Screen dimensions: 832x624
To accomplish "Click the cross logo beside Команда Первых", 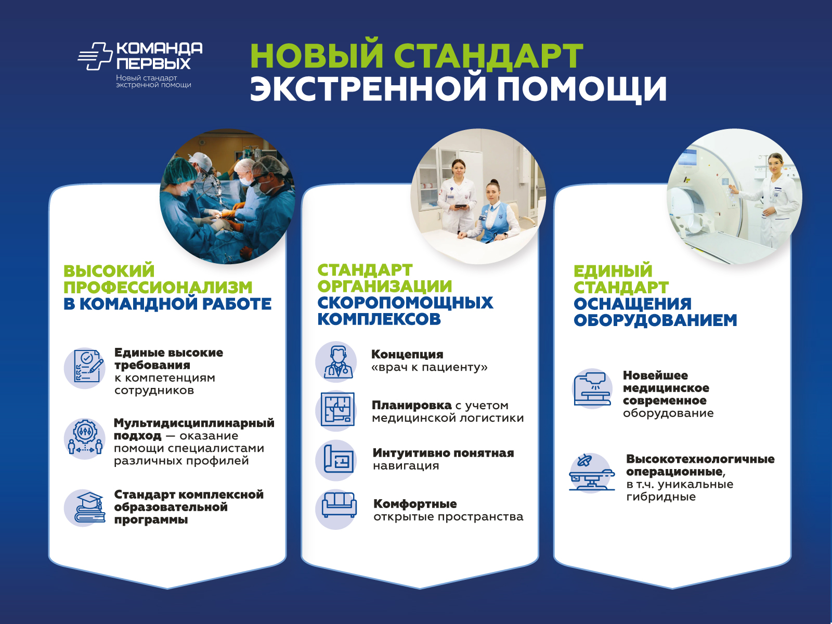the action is (96, 56).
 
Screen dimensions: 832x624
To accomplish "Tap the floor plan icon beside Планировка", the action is (337, 410).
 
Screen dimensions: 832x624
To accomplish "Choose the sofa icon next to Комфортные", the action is (339, 504).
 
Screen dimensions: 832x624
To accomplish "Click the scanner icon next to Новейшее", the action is (592, 388).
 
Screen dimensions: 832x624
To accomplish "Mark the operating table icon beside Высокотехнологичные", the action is (592, 473).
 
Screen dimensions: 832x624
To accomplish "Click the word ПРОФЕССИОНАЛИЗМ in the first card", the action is (158, 287).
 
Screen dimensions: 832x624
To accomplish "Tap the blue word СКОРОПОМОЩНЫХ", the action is (405, 303).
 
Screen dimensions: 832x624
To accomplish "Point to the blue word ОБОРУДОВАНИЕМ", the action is (655, 320).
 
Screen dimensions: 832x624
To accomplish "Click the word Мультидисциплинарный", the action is (194, 423).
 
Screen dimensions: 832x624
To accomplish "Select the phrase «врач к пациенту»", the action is (430, 367).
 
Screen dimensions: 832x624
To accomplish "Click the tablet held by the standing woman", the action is (461, 206).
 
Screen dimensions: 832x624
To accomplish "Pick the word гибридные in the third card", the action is (661, 497).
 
